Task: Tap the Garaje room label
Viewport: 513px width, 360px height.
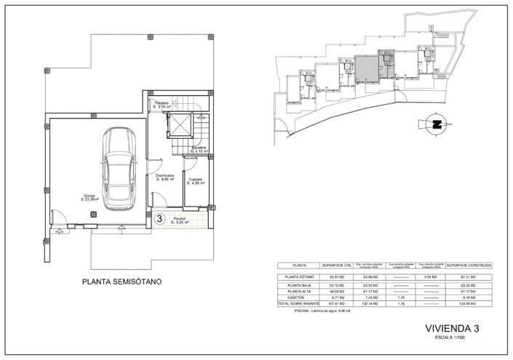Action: coord(69,197)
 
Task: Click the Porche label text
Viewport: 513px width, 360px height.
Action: coord(180,220)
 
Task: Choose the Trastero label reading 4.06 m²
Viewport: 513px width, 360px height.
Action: coord(196,182)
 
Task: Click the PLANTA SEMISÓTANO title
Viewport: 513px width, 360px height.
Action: coord(122,281)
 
